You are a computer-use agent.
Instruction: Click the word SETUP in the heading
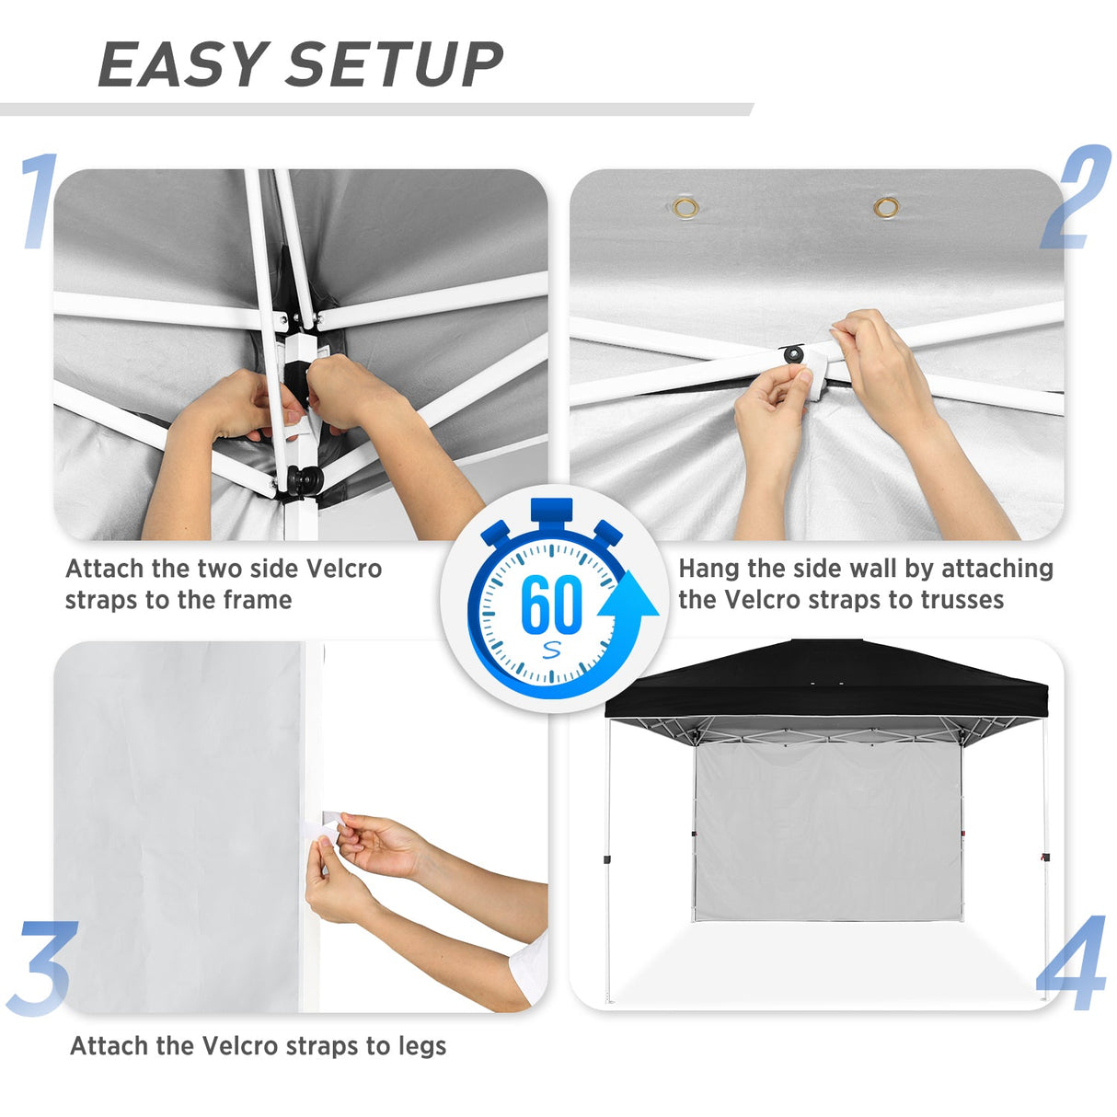pyautogui.click(x=396, y=65)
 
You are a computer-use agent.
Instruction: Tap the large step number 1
pyautogui.click(x=39, y=202)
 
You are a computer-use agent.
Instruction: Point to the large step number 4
pyautogui.click(x=1073, y=963)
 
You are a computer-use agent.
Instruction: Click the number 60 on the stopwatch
pyautogui.click(x=551, y=604)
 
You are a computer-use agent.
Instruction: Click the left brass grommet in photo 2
pyautogui.click(x=685, y=207)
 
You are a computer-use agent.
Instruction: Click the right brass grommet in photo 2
pyautogui.click(x=886, y=206)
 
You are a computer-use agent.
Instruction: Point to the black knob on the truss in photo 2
pyautogui.click(x=792, y=354)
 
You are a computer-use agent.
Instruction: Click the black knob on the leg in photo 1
pyautogui.click(x=305, y=479)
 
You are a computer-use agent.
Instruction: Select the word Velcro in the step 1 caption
pyautogui.click(x=343, y=569)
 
